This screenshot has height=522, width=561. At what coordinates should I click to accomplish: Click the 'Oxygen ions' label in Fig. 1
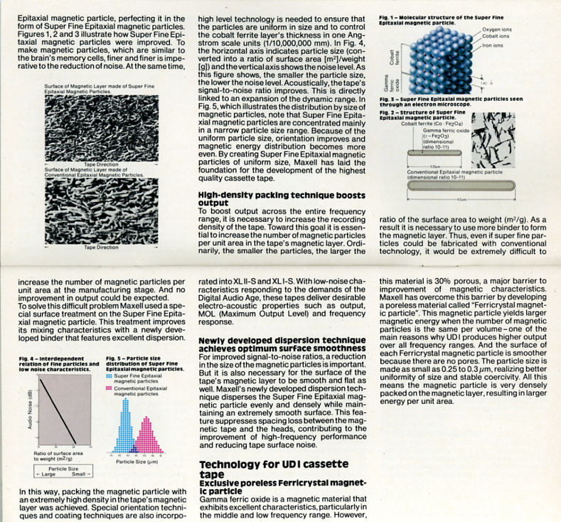pos(496,29)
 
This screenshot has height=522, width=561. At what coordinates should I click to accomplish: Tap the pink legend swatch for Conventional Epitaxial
pos(108,388)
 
